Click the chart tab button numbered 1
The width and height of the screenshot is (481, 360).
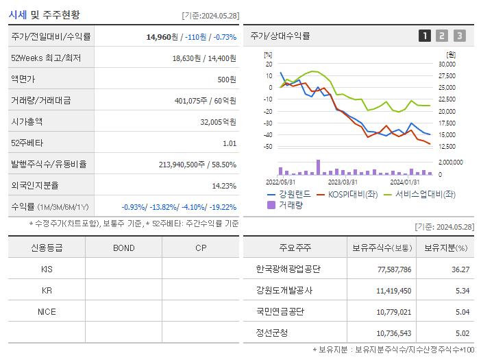[425, 36]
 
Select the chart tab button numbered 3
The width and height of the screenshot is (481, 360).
[459, 36]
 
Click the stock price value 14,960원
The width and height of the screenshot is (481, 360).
[162, 36]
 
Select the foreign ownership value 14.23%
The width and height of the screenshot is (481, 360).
[224, 185]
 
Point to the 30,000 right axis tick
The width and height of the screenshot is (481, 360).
[446, 64]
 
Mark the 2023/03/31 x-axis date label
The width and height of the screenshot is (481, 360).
[343, 182]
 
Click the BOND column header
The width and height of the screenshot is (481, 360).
[123, 248]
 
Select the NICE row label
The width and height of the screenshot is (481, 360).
[47, 311]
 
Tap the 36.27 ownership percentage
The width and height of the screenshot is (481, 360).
[460, 269]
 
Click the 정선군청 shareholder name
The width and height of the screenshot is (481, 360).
[273, 333]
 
